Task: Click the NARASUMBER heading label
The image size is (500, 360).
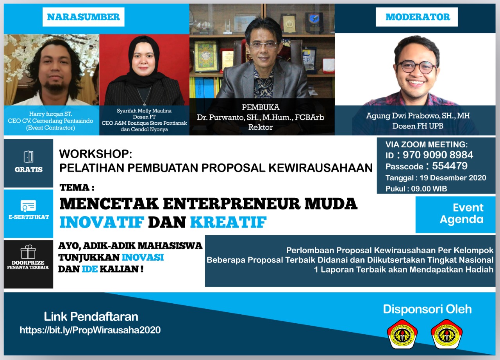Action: [84, 17]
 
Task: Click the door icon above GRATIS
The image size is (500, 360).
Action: [29, 157]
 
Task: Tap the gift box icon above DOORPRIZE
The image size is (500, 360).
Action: [28, 252]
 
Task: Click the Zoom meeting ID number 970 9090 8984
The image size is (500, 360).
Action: [438, 155]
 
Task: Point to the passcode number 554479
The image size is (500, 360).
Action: [450, 166]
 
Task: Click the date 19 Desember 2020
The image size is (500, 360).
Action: [453, 178]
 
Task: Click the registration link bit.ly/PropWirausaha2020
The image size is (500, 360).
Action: [90, 330]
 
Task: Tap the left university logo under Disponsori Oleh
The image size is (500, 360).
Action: [402, 334]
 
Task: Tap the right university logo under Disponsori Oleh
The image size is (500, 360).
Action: [446, 334]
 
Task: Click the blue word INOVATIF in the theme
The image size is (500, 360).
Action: [102, 222]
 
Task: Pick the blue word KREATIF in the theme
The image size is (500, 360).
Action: [229, 222]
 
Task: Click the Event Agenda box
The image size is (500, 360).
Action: [455, 215]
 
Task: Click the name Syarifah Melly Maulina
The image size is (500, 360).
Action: [144, 111]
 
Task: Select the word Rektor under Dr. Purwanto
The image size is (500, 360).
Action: [261, 127]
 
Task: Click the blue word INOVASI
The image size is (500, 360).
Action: [143, 258]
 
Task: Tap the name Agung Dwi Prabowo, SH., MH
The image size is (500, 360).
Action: [418, 116]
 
